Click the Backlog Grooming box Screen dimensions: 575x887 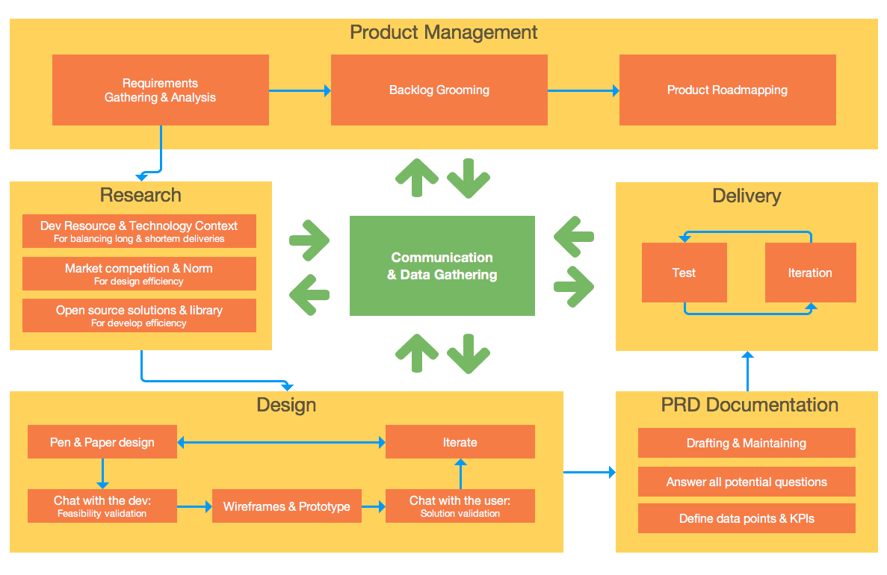(439, 90)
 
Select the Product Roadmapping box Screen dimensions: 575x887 (727, 90)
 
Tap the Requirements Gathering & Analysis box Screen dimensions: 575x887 (160, 90)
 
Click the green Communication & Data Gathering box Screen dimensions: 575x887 (442, 266)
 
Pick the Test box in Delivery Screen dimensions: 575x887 (684, 273)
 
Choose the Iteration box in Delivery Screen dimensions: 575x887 (810, 273)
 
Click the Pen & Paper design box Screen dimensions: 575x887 (102, 442)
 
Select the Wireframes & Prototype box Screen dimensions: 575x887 (287, 506)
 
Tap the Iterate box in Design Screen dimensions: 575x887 (460, 442)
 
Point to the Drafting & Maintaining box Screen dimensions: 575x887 (746, 443)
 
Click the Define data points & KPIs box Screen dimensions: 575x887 (746, 518)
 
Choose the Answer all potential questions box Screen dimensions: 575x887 (746, 482)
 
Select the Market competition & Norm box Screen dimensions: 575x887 (139, 273)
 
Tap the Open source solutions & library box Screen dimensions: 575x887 (139, 315)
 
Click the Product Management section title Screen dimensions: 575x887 (443, 32)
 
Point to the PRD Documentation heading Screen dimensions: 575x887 (749, 405)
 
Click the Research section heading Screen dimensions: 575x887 (140, 195)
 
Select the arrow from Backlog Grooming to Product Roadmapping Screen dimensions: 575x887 (583, 90)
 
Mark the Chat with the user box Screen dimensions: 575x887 (460, 506)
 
